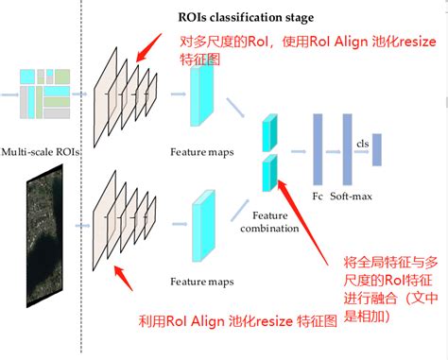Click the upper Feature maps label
point(196,152)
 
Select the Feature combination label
point(269,222)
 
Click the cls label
point(362,142)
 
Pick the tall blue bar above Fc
point(319,148)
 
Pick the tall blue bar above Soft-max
point(346,148)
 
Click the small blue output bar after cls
point(376,150)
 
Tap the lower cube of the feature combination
point(268,172)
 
